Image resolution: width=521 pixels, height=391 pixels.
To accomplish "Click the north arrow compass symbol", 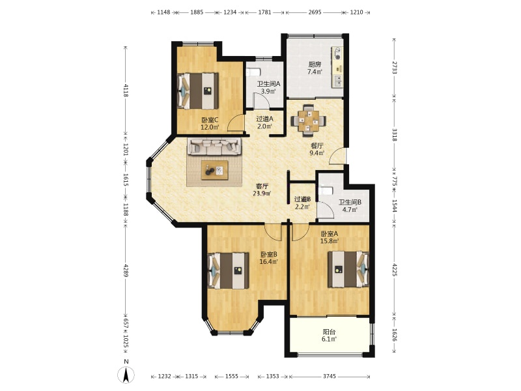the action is point(126,375).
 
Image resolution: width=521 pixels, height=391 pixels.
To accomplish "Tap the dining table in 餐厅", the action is point(308,121).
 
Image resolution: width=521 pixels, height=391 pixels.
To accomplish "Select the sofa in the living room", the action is point(215,147).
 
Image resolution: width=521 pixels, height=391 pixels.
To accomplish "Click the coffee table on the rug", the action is point(215,170).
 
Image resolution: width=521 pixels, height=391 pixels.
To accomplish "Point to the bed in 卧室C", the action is point(198,91).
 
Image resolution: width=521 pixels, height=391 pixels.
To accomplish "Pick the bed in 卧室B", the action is point(229,270).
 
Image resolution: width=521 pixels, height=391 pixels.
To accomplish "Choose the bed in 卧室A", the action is point(348,269).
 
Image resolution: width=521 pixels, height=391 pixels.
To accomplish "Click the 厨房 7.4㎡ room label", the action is point(315,68).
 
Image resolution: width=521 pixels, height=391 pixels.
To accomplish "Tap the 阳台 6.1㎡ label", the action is point(329,336).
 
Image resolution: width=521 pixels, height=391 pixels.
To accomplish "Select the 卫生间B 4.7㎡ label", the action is point(350,206).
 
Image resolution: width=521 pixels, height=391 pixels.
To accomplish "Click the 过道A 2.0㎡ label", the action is point(265,123).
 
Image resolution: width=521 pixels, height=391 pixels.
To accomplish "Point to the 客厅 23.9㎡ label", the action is point(262,190).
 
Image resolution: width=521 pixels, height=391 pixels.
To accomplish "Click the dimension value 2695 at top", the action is point(315,12).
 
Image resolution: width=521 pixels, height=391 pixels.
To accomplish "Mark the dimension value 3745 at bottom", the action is point(330,377).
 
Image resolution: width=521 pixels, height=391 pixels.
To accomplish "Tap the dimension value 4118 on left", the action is point(126,90).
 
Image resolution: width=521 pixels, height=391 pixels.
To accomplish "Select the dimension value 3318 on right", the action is point(395,135).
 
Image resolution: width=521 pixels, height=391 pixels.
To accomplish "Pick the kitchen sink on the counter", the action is point(337,81).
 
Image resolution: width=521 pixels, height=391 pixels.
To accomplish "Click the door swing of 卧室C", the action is point(236,123).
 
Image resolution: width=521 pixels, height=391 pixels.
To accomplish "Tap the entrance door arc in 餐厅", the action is point(337,156).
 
